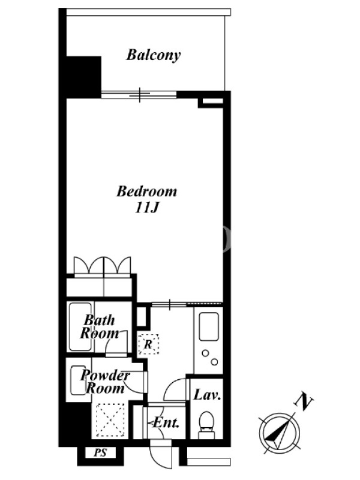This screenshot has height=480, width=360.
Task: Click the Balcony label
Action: click(x=154, y=55)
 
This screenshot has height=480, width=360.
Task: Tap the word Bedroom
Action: click(x=146, y=191)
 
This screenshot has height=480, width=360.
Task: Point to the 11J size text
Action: click(x=146, y=208)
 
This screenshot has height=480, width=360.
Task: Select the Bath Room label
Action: click(x=99, y=327)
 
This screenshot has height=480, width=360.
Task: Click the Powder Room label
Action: click(x=106, y=382)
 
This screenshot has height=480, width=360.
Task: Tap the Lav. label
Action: click(x=207, y=395)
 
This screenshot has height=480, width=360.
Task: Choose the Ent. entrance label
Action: click(x=166, y=423)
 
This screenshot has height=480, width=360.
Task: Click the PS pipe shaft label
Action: click(x=100, y=452)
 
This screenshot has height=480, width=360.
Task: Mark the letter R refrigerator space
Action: click(x=148, y=344)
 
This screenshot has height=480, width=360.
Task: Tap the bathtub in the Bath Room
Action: click(x=80, y=326)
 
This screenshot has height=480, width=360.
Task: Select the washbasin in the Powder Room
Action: click(x=79, y=380)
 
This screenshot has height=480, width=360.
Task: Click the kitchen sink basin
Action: click(x=209, y=326)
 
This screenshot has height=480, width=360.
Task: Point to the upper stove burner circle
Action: click(x=205, y=353)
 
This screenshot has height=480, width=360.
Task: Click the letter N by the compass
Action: click(x=304, y=401)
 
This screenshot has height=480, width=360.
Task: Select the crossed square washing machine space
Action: click(x=110, y=420)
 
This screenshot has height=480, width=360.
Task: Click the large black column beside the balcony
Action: click(x=83, y=77)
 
